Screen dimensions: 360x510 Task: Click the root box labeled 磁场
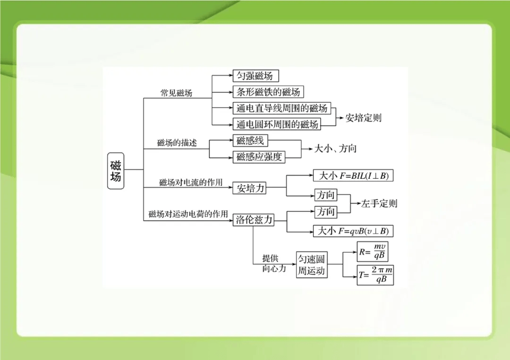click(116, 170)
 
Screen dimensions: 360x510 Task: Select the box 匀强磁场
click(256, 76)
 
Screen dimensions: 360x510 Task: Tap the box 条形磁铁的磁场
click(268, 92)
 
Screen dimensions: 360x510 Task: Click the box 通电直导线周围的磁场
click(282, 108)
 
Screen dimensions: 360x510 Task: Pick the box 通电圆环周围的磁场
click(278, 124)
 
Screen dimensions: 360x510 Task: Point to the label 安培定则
click(363, 118)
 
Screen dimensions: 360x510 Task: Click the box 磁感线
click(251, 141)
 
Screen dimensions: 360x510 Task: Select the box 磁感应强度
click(259, 157)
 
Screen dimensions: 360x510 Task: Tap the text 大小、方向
click(336, 149)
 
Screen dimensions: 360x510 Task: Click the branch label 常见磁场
click(176, 93)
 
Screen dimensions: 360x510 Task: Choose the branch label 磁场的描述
click(177, 143)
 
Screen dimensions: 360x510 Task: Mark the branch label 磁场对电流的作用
click(190, 182)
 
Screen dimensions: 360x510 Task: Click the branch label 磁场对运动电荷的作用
click(188, 214)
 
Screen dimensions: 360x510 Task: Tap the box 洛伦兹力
click(254, 219)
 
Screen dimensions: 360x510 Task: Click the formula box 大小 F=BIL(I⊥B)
click(353, 176)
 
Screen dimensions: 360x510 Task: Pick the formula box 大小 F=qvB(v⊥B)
click(353, 231)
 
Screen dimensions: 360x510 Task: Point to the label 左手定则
click(379, 204)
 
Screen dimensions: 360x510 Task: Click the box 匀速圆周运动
click(312, 265)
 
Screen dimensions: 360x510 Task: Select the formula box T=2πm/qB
click(375, 275)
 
